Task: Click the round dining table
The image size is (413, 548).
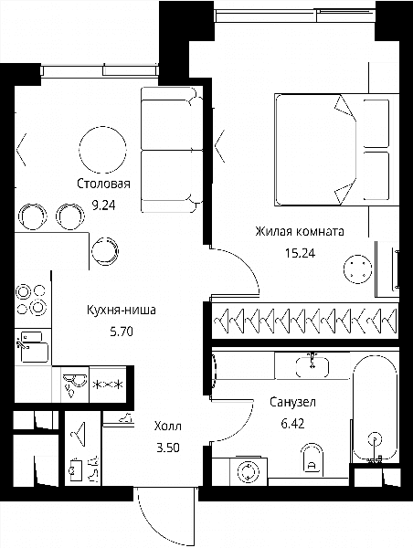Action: click(102, 149)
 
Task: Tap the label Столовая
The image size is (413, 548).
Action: click(103, 184)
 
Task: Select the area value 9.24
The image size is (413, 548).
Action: click(103, 205)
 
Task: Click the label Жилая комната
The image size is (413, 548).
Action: click(300, 231)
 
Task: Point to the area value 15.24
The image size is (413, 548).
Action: click(300, 253)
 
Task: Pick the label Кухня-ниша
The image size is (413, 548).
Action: click(121, 310)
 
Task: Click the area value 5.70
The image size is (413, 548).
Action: click(122, 331)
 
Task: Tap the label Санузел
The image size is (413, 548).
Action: click(292, 402)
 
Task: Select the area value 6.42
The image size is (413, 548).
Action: click(292, 424)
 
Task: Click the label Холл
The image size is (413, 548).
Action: click(168, 426)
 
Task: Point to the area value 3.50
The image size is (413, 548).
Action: click(168, 448)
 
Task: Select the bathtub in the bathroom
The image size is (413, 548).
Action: click(375, 408)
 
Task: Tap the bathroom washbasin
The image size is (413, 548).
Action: click(312, 367)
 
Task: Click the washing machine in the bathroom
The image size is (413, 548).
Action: click(249, 470)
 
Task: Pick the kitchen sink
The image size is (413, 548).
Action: click(33, 347)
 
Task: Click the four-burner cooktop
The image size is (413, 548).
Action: click(31, 300)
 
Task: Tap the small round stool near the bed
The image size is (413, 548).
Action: click(357, 269)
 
